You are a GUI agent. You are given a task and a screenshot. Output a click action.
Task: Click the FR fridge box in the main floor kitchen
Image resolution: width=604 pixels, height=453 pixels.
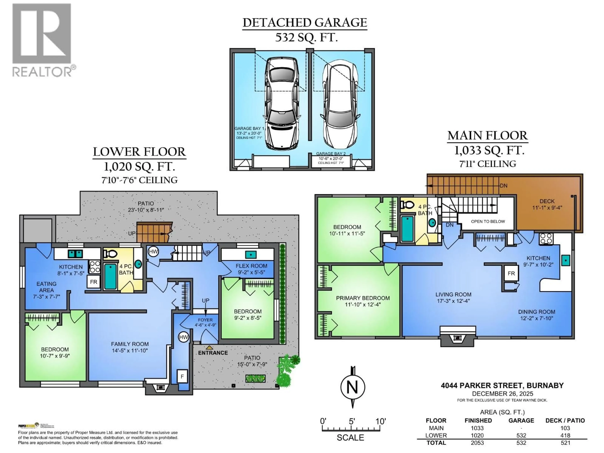coord(511,273)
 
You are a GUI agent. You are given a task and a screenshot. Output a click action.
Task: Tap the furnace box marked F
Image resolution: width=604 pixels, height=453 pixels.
coord(182,377)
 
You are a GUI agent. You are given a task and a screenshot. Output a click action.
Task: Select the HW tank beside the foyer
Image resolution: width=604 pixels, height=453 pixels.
coord(184,337)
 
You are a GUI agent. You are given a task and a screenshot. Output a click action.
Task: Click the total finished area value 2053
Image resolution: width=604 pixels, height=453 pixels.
coord(477,443)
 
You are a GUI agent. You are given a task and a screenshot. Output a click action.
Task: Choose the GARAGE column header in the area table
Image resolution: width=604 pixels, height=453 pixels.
coord(521,420)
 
